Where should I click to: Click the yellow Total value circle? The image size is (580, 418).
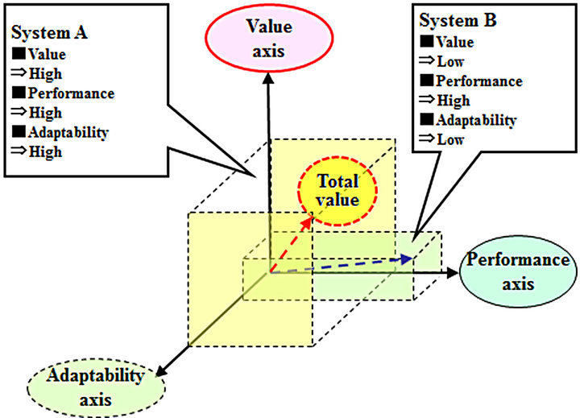tap(338, 190)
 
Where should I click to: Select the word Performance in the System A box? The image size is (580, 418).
tap(70, 93)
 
